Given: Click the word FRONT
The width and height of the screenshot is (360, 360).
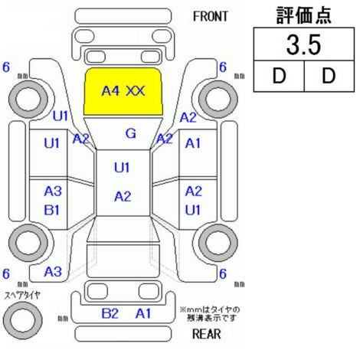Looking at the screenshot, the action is pos(210,17).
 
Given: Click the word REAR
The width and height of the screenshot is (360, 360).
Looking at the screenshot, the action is pos(206,334).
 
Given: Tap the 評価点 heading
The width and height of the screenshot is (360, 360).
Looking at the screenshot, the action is pos(304,15).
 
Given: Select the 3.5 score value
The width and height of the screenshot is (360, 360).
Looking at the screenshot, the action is pos(303,45).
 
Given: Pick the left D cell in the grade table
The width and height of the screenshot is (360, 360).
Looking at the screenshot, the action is pos(279,76).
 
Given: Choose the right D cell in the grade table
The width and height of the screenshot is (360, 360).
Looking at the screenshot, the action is pos(329,76).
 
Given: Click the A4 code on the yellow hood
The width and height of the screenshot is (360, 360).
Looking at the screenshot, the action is pos(110,90).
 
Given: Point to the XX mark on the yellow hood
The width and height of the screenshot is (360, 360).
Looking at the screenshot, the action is pos(136,90).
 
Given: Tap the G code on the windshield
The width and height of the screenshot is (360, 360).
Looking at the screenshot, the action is pos(131,133).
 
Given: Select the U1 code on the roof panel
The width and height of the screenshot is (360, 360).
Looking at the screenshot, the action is pos(122,168).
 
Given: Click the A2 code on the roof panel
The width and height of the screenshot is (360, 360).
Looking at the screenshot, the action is pos(123,197).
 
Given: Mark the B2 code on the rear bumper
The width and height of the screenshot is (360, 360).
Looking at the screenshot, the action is pos(110,313).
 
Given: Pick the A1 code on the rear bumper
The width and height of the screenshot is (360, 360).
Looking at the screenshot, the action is pos(143,313).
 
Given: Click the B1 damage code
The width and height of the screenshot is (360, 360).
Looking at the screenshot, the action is pos(52,210).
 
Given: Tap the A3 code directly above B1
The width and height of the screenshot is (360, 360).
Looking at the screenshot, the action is pos(53,191).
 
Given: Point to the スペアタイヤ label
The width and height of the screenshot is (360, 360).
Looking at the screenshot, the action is pos(22,296).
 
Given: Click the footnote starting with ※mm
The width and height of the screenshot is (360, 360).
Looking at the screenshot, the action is pos(210,314).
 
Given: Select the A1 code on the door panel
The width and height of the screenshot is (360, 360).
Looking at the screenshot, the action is pos(193,143).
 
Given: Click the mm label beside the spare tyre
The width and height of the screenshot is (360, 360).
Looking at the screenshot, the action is pos(63,318).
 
